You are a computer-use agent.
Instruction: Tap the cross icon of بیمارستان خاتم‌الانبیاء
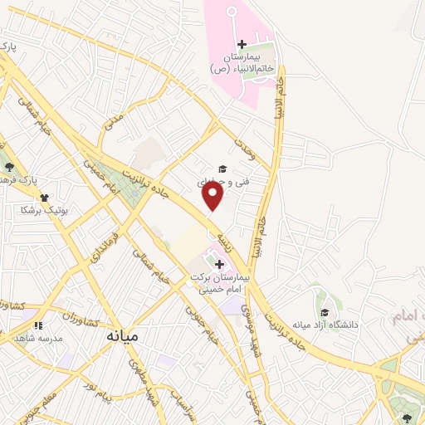click(242, 44)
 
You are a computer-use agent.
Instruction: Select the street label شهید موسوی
click(250, 325)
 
